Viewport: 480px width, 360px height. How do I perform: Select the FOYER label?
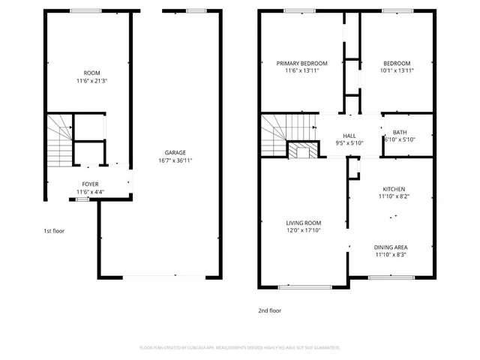tap(90, 184)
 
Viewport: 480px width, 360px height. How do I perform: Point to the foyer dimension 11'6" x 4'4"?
tap(90, 192)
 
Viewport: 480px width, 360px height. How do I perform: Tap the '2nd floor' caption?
tap(270, 309)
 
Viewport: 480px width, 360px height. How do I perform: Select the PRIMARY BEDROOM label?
tap(301, 63)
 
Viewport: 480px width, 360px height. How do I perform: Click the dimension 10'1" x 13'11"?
tap(397, 70)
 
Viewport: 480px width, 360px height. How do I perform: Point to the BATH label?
tap(400, 132)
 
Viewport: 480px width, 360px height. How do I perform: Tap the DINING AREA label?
tap(391, 247)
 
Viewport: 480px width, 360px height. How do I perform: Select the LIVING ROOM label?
tap(303, 223)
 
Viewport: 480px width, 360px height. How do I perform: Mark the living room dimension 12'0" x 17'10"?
tap(303, 230)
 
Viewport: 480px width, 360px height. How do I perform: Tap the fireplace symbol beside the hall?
tap(303, 151)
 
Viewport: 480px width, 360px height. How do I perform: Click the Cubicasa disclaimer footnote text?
tap(240, 348)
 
